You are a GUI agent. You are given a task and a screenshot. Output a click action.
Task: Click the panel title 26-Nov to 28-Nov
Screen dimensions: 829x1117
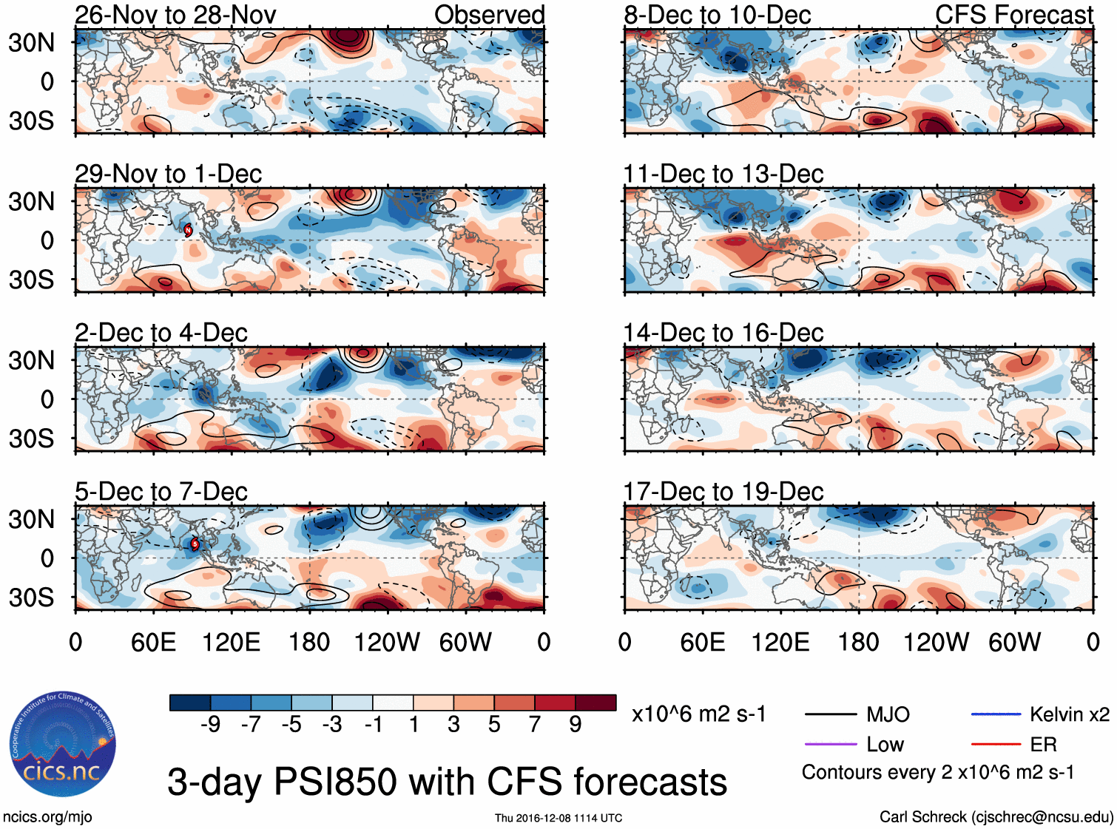coord(175,15)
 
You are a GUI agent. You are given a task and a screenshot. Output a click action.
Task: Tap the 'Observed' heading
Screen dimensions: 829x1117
coord(489,15)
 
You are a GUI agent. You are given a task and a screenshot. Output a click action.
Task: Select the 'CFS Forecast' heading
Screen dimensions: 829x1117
coord(1013,15)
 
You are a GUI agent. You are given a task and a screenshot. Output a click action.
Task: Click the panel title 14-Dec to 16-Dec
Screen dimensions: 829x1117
coord(723,333)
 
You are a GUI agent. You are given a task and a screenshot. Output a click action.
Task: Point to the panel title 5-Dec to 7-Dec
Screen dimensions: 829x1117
coord(161,492)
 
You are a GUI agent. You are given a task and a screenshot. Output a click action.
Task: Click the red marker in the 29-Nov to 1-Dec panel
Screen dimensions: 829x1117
coord(188,230)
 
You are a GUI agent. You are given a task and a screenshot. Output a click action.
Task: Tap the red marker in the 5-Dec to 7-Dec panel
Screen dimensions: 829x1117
coord(195,544)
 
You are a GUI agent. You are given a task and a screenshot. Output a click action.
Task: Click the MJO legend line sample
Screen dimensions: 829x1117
coord(830,714)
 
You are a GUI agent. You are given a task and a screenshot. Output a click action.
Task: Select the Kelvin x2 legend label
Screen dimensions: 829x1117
coord(1069,714)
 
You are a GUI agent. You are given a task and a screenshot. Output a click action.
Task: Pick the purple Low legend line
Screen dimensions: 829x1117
coord(830,744)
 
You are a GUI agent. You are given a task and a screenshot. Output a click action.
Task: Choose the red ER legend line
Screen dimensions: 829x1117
coord(996,744)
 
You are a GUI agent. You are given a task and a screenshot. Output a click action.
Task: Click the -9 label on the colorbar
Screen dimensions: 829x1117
coord(210,725)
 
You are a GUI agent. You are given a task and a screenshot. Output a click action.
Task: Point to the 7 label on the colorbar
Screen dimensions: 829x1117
coord(535,725)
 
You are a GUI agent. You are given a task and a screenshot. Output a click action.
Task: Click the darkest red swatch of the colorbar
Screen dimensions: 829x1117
coord(595,703)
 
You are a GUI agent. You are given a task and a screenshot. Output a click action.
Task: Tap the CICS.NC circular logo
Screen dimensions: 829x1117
coord(62,745)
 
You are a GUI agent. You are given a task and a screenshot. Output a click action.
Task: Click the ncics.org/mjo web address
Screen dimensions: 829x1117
coord(47,817)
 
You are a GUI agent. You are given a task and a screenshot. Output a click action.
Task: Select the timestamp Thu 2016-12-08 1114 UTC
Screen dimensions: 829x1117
coord(558,818)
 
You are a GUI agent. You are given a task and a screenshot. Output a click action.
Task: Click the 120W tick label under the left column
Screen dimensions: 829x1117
coord(387,642)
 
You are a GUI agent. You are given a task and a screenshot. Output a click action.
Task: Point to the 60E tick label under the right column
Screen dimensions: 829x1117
coord(702,642)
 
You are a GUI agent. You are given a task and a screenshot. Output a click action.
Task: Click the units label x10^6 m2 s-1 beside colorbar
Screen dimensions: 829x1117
coord(698,714)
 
